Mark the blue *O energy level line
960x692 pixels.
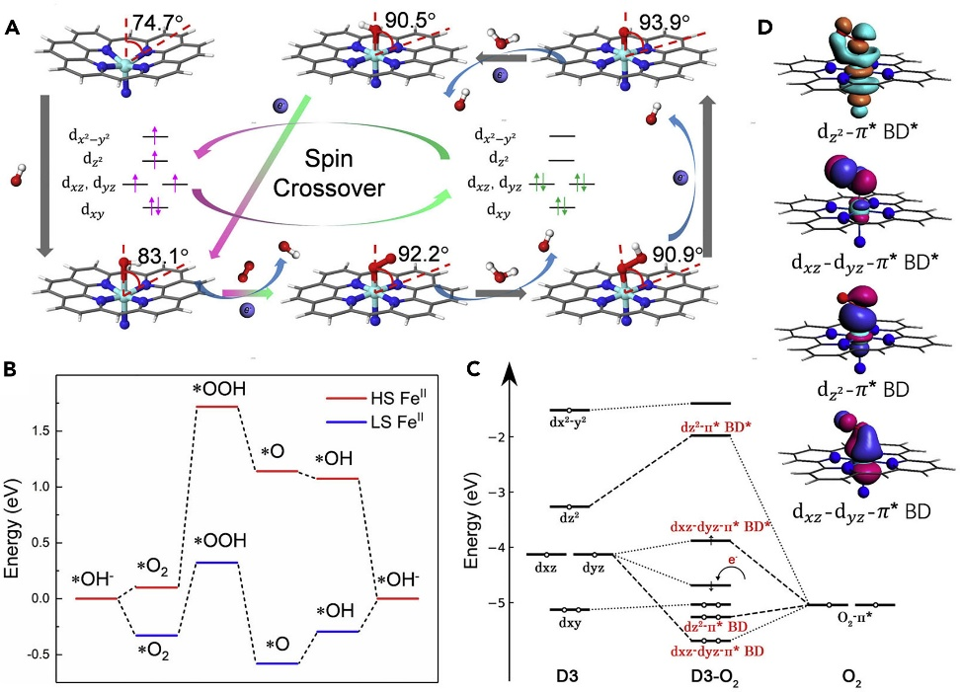click(278, 663)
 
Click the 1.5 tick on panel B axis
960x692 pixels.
click(52, 431)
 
